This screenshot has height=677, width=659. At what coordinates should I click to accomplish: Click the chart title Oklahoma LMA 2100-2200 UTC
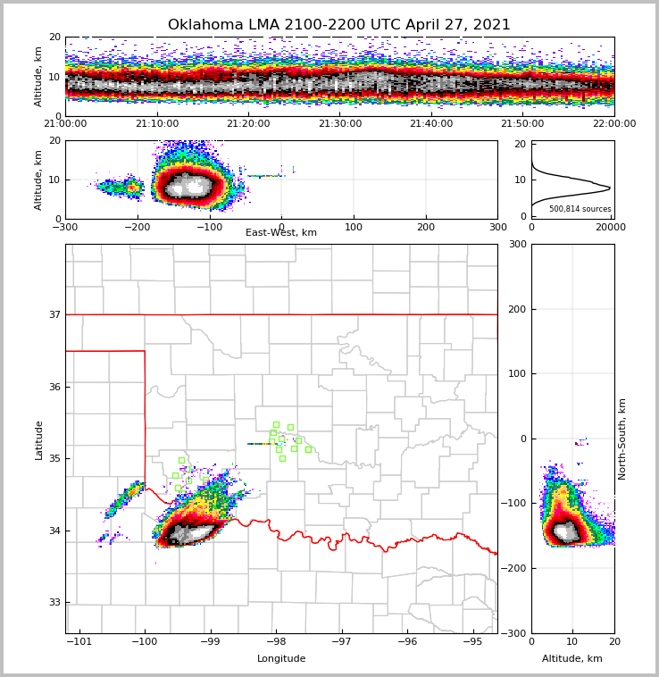coord(339,25)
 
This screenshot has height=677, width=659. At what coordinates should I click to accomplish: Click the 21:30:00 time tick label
coord(339,124)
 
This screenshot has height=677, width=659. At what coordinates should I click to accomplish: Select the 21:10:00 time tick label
coord(156,124)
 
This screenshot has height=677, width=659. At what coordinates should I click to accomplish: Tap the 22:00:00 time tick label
coord(613,124)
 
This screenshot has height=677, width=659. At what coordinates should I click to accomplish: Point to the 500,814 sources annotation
coord(580,209)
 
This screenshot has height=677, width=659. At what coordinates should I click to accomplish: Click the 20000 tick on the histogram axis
coord(610,228)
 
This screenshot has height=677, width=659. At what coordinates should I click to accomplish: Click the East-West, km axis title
coord(281,233)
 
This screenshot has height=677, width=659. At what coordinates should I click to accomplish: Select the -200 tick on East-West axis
coord(137,227)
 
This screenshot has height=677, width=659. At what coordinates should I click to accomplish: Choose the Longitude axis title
coord(281,659)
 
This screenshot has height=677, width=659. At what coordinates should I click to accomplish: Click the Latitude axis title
coord(39,439)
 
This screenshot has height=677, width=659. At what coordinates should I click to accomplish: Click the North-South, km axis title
coord(623,439)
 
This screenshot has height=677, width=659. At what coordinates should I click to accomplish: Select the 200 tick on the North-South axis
coord(515,309)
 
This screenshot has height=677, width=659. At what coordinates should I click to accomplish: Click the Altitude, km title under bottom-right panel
coord(572,659)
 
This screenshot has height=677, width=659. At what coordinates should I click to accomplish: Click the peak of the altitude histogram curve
coord(610,188)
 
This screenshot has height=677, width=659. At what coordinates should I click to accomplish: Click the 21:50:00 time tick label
coord(522,124)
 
